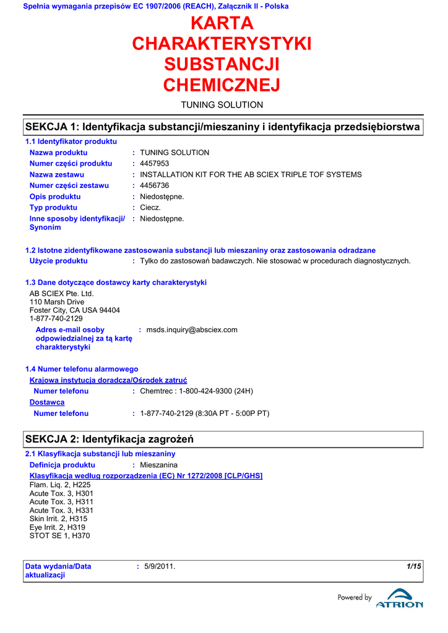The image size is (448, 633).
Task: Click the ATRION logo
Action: (x=399, y=603)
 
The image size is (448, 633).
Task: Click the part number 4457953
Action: (x=155, y=164)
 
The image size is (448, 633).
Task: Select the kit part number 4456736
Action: (x=155, y=185)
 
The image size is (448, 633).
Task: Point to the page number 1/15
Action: (x=413, y=566)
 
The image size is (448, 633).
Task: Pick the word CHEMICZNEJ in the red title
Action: (x=222, y=85)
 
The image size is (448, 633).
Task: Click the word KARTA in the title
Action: (x=222, y=23)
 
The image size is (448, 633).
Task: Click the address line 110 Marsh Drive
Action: (x=57, y=302)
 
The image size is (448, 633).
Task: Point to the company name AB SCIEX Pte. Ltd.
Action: (x=62, y=294)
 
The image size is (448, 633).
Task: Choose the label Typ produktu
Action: (x=53, y=208)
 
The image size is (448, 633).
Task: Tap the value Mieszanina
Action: (x=158, y=465)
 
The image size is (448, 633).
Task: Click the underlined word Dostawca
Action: (x=47, y=402)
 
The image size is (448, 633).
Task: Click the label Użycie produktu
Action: (x=58, y=261)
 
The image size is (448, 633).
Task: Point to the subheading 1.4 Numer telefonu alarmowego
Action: (x=81, y=369)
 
